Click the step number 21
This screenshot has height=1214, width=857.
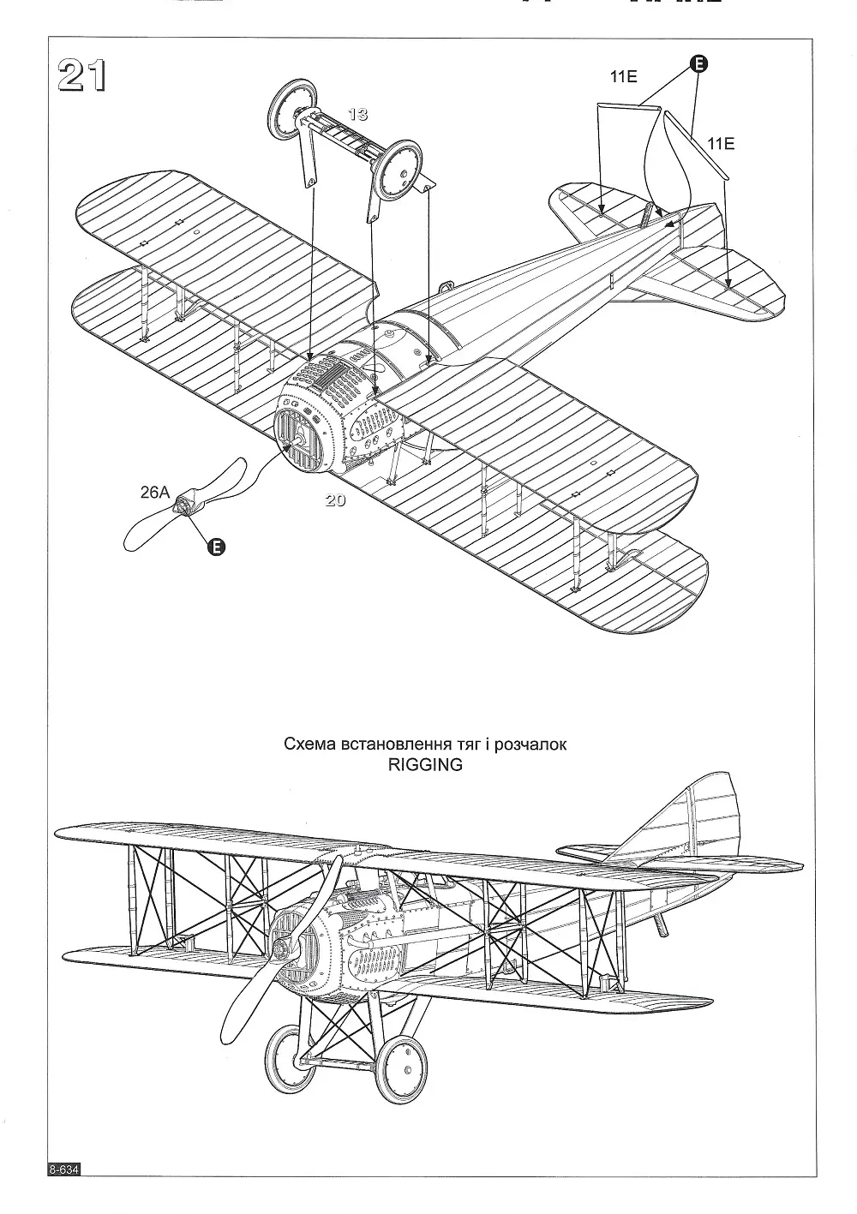pyautogui.click(x=81, y=76)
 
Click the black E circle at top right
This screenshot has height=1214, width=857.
pyautogui.click(x=698, y=63)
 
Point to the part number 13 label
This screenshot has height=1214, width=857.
pyautogui.click(x=358, y=113)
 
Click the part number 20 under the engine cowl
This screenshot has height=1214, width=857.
pyautogui.click(x=335, y=501)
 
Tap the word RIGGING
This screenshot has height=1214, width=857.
pyautogui.click(x=424, y=764)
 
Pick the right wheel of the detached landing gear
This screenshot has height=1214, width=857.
pyautogui.click(x=399, y=169)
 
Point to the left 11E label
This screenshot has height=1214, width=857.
pyautogui.click(x=623, y=77)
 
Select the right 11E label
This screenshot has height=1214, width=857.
pyautogui.click(x=721, y=143)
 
